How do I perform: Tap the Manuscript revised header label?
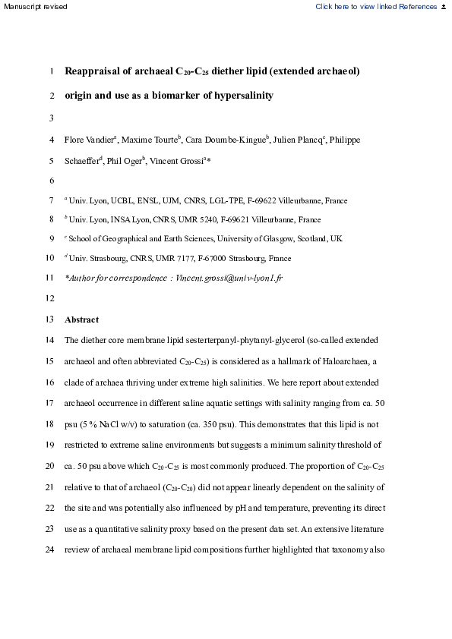tap(34, 7)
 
